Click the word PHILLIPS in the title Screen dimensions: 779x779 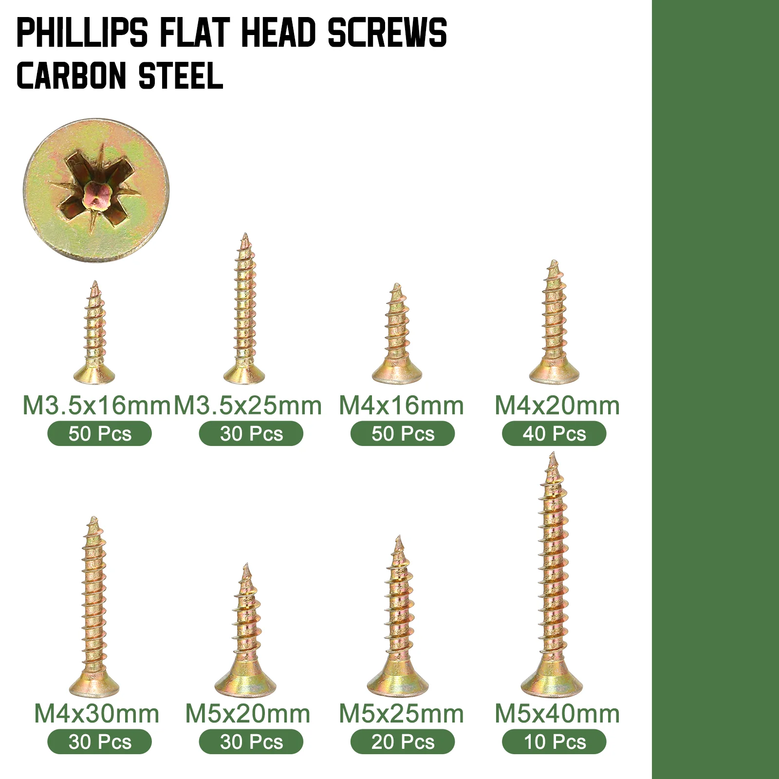82,33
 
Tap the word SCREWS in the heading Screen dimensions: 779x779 387,33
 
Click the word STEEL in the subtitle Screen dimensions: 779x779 181,76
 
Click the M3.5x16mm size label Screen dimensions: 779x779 96,406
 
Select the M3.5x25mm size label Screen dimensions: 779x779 248,406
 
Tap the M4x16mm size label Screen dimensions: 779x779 402,406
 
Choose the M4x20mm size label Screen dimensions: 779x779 557,406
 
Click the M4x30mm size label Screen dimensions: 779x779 97,714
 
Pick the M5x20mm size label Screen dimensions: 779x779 248,714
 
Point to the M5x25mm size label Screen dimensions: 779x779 402,714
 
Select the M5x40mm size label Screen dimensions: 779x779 557,714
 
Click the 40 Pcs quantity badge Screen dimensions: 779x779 554,433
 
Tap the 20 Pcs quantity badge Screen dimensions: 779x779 403,742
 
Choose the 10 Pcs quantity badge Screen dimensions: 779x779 554,742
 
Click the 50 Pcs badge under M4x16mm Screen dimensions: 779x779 403,433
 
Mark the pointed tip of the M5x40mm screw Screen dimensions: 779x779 552,453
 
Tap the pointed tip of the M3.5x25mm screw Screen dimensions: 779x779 245,234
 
